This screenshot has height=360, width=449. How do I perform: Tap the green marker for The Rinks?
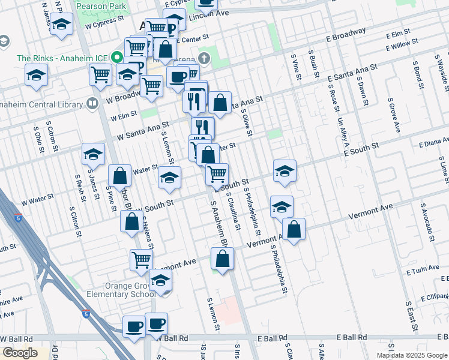(117, 59)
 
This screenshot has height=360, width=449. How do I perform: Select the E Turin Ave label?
(422, 272)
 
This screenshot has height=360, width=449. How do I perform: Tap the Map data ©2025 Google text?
(412, 355)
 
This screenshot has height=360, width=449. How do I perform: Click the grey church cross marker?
(204, 59)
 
